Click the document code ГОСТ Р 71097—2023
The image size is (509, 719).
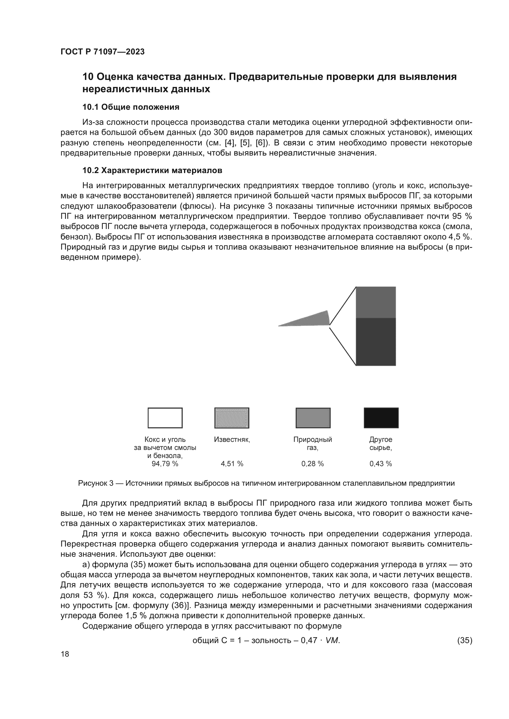(102, 52)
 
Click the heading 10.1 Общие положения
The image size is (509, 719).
(131, 107)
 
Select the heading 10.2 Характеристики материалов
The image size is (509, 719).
(152, 170)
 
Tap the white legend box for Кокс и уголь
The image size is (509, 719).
(165, 418)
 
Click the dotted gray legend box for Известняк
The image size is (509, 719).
(232, 418)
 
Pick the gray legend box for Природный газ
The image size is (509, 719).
(313, 418)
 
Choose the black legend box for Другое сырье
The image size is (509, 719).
(381, 418)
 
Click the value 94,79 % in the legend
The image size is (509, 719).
(165, 464)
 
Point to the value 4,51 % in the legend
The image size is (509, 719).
(232, 464)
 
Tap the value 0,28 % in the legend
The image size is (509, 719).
(312, 464)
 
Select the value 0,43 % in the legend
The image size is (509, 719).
(380, 464)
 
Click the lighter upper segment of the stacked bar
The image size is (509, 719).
(376, 302)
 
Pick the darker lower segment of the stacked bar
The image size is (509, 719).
(376, 341)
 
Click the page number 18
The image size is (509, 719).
(65, 654)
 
